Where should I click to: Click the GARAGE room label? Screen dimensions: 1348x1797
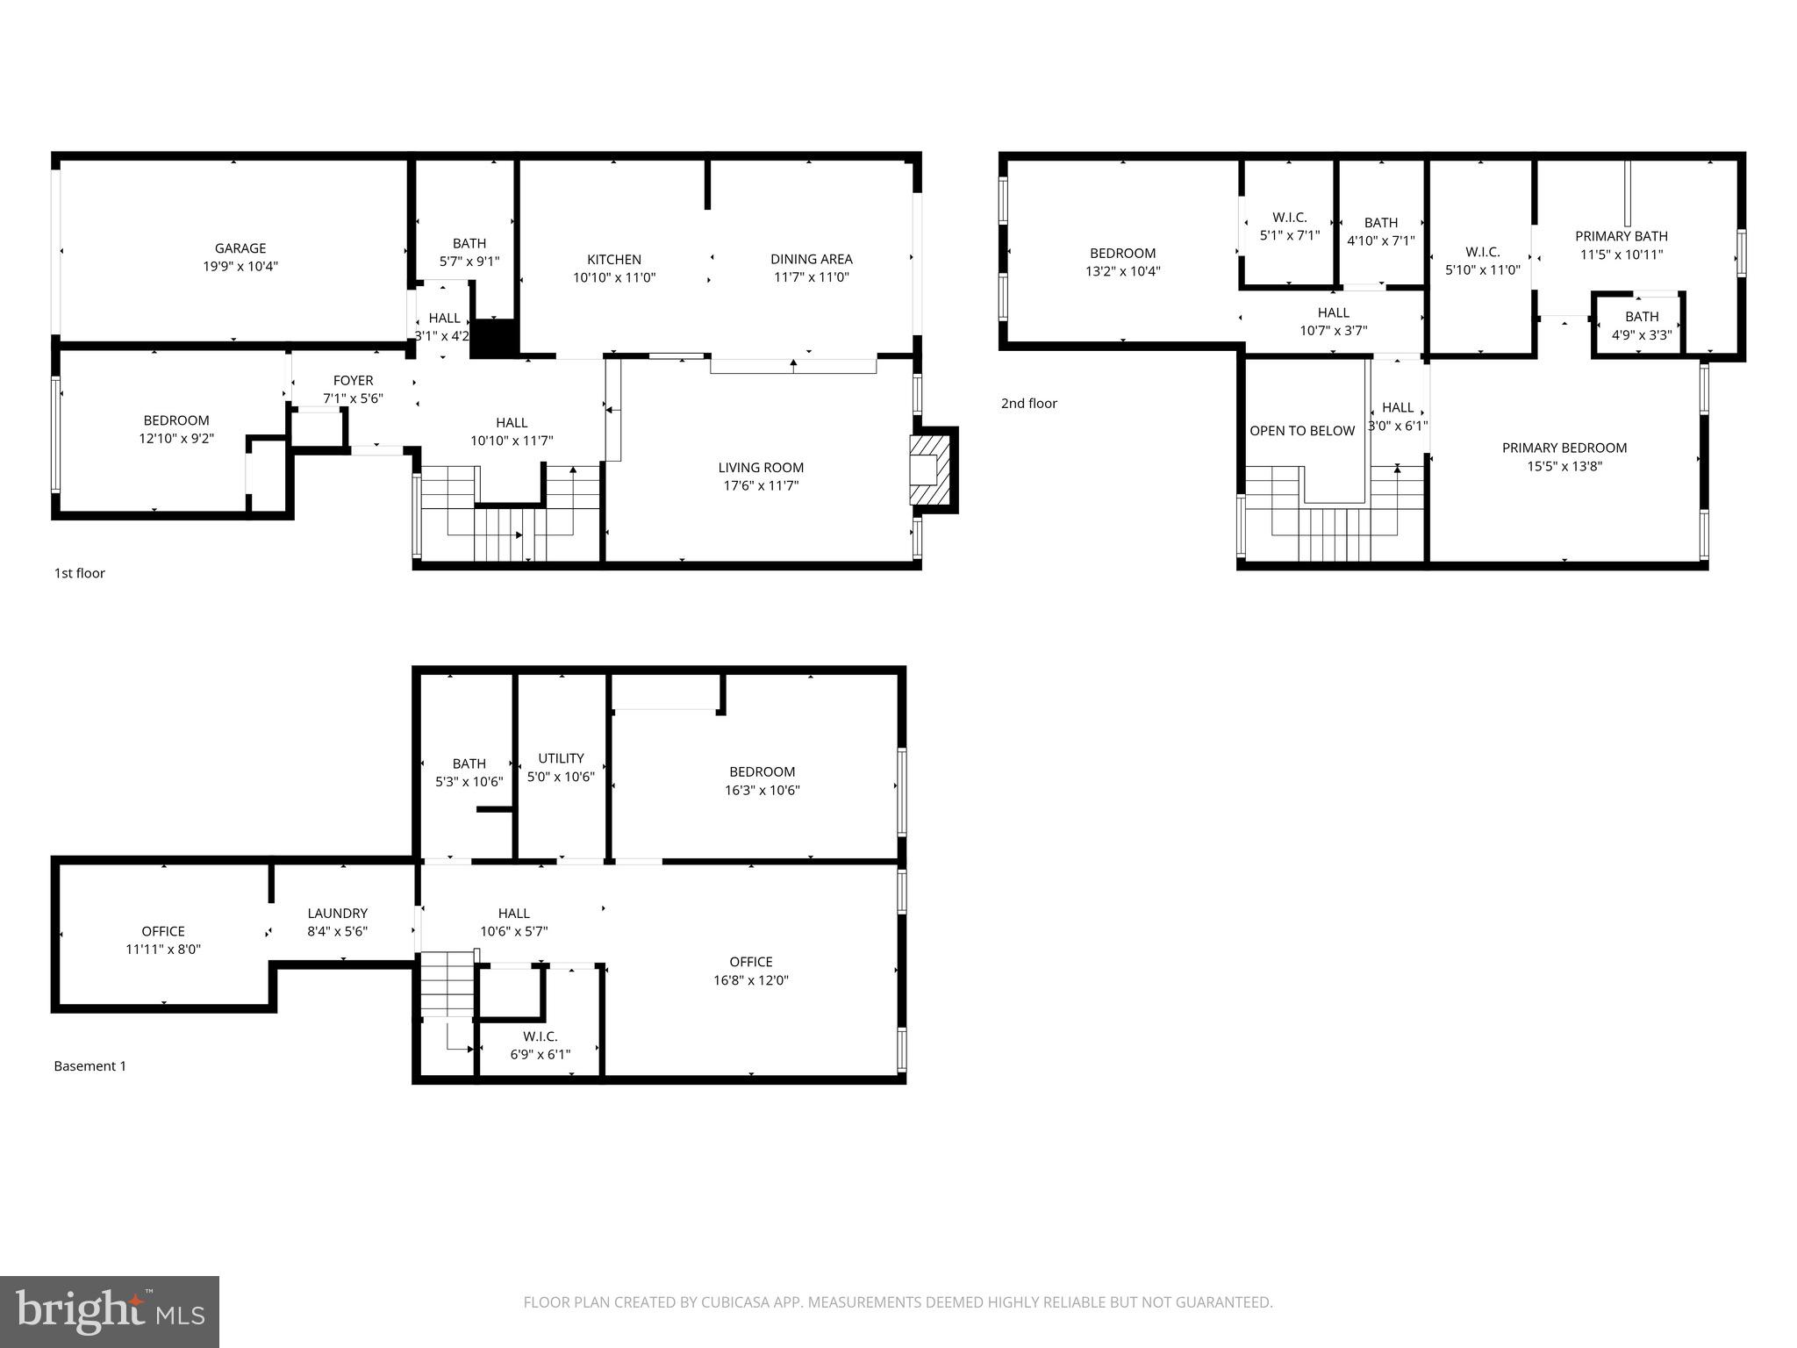[240, 248]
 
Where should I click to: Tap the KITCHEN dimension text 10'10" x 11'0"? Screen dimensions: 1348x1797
[614, 277]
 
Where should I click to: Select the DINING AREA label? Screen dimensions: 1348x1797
[811, 259]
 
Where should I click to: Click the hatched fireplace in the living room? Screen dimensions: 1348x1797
[929, 470]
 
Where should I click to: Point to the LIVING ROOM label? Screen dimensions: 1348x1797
[761, 468]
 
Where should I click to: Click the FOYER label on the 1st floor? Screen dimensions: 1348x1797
[353, 380]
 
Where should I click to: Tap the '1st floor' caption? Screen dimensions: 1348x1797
[79, 573]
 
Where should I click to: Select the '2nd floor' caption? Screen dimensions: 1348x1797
[1028, 404]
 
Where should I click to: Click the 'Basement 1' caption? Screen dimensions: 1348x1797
[89, 1066]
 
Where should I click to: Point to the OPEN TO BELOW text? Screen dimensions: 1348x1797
[1301, 431]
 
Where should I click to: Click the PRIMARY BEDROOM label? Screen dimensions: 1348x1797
[1564, 448]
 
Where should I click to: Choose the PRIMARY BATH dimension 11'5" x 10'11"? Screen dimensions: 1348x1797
[1621, 255]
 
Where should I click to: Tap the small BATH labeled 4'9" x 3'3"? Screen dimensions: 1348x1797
[1641, 326]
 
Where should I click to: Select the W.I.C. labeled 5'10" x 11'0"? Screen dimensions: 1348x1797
[1482, 262]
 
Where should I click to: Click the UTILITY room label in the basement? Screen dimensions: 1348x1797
[561, 758]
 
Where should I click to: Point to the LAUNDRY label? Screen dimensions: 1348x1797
[337, 914]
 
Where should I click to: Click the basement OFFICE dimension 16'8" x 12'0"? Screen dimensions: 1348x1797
[750, 980]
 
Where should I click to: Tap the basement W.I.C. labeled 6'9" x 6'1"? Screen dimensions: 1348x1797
[540, 1045]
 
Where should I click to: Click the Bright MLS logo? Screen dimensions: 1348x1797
[110, 1311]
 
